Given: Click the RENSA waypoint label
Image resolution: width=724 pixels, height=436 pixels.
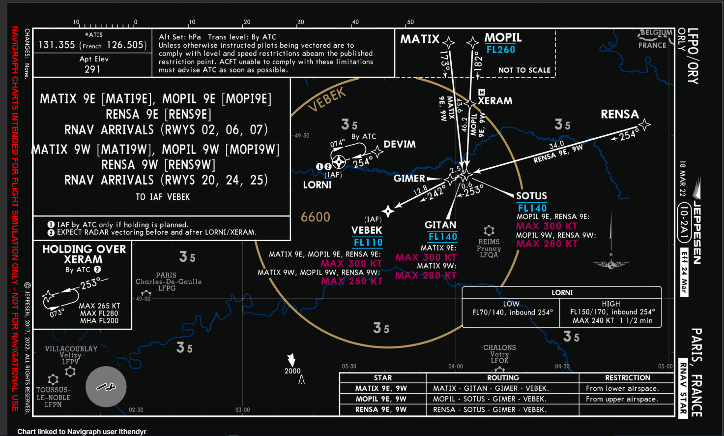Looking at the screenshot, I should click(x=619, y=114).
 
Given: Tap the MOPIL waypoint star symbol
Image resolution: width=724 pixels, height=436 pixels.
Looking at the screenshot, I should click(x=473, y=43).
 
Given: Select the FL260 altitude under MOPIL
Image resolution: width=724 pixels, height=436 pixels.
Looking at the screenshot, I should click(x=501, y=50).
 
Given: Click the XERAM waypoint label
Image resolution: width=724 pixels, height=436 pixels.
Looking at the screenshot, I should click(x=495, y=101).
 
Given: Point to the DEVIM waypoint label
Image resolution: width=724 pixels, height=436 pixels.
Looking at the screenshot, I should click(x=399, y=144).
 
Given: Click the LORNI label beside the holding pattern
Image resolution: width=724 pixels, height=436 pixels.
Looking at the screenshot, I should click(x=317, y=185).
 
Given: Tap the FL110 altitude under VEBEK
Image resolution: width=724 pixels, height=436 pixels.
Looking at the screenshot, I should click(x=368, y=243).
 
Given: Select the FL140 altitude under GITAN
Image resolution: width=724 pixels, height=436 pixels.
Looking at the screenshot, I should click(x=442, y=237).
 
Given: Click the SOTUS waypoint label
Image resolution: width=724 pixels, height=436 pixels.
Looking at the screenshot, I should click(x=531, y=196).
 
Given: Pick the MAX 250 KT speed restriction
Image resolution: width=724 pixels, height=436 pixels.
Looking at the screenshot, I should click(x=351, y=281).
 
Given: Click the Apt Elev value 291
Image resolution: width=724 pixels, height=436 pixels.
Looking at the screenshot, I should click(x=92, y=69).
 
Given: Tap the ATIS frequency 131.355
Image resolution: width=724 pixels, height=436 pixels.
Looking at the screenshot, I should click(x=57, y=45).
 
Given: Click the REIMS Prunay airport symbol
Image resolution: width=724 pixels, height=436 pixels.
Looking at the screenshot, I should click(x=489, y=231).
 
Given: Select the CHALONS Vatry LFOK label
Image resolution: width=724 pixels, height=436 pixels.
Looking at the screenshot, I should click(x=499, y=354).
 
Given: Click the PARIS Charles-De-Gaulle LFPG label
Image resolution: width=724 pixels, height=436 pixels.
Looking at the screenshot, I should click(x=168, y=281).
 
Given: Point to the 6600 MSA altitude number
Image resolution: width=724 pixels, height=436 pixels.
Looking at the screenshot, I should click(x=316, y=217).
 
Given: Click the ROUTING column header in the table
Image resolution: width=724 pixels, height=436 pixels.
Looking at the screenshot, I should click(x=503, y=378).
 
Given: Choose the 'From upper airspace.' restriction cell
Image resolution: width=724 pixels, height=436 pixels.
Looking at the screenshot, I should click(x=622, y=399).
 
